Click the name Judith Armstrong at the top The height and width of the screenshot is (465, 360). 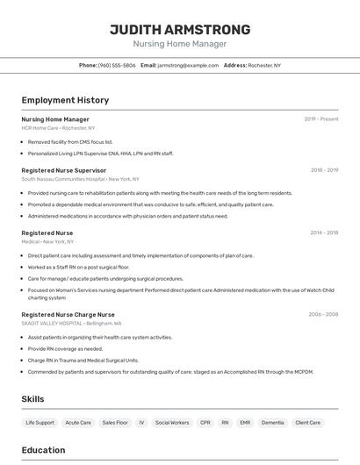[x=179, y=29]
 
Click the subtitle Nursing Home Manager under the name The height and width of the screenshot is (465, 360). [x=179, y=44]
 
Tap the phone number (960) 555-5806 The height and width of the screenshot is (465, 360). [x=117, y=65]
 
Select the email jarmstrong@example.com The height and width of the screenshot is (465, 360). [x=188, y=65]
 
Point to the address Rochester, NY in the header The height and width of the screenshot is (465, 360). [x=264, y=65]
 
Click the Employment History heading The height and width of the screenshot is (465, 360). [x=65, y=100]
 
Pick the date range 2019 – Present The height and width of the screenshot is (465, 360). [x=320, y=119]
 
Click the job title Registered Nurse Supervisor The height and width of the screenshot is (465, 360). [x=63, y=170]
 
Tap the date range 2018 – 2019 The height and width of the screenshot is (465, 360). [x=324, y=170]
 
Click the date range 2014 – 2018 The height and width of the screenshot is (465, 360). [x=324, y=232]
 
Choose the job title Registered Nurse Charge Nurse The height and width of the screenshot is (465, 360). [x=68, y=314]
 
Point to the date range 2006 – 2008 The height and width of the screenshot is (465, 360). [x=323, y=314]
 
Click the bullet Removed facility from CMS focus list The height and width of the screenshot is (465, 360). [x=70, y=141]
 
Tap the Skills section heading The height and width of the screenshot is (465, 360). [x=32, y=399]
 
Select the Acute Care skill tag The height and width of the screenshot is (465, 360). [x=78, y=422]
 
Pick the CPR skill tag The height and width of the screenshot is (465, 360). [x=205, y=422]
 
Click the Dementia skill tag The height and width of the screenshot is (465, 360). [x=272, y=422]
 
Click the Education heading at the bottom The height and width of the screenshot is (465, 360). [x=43, y=450]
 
